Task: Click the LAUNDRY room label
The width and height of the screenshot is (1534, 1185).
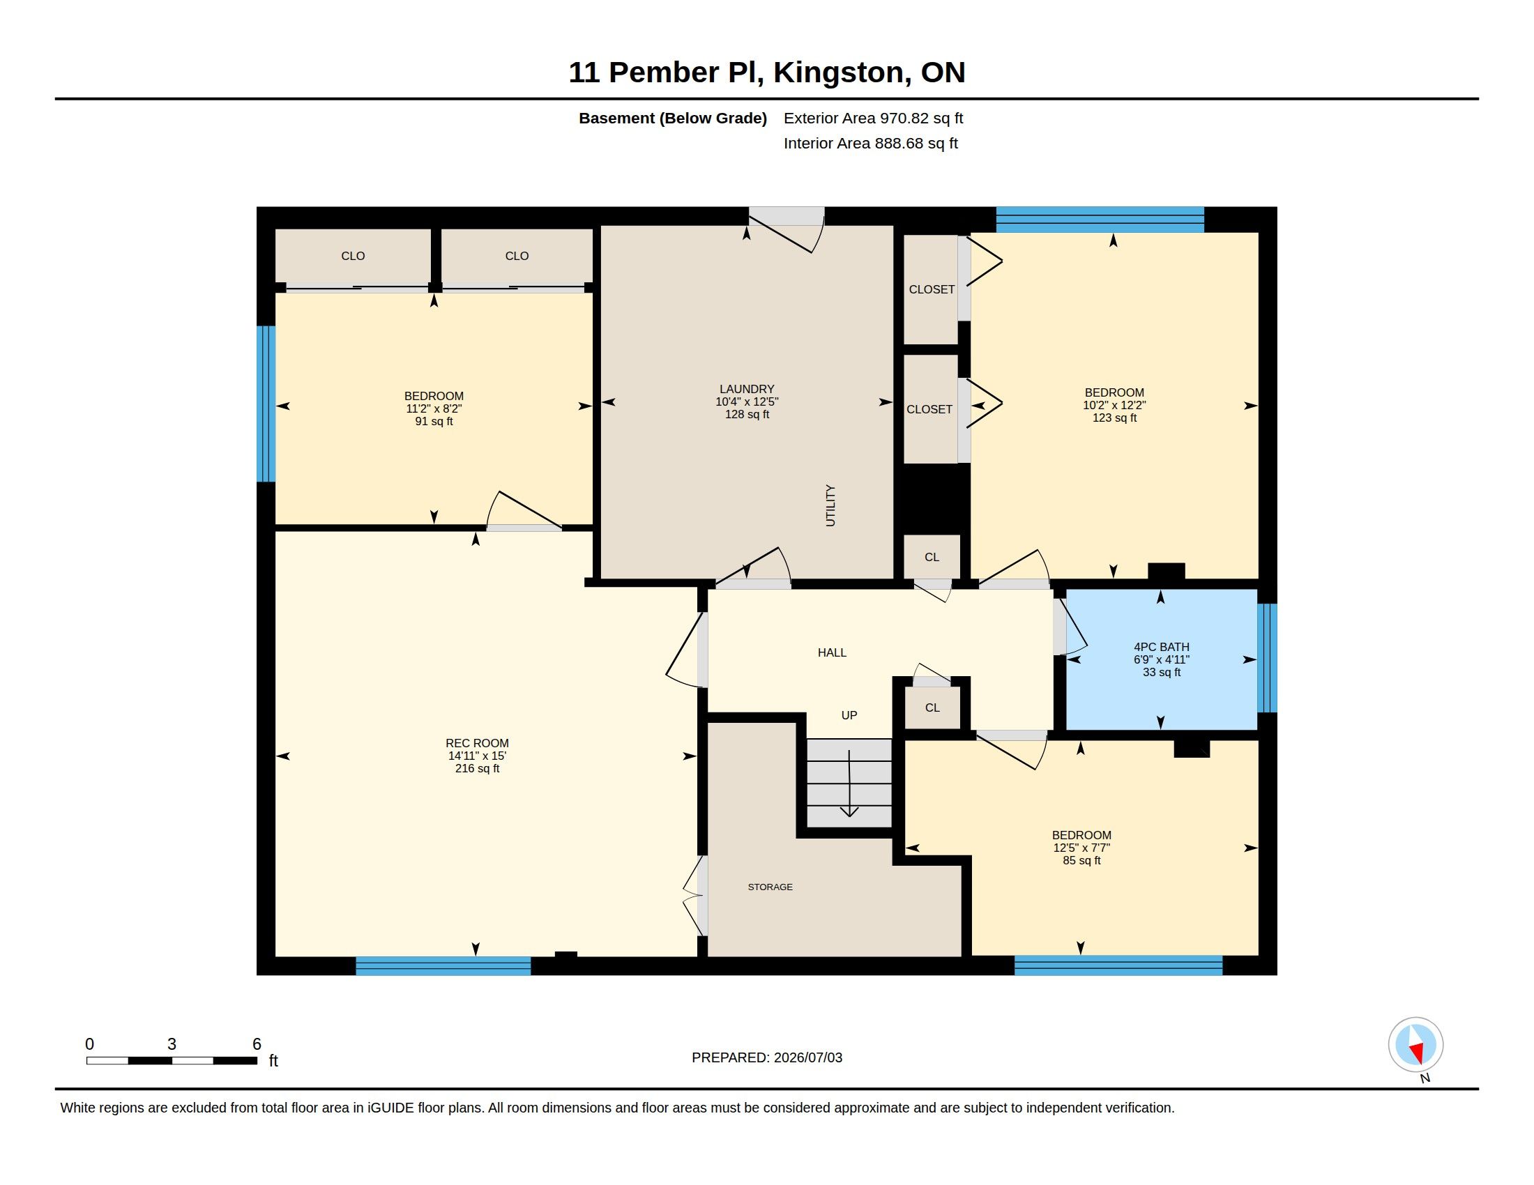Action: [747, 389]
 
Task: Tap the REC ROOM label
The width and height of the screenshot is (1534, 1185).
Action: [477, 743]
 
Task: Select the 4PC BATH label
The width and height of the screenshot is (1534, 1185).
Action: [1161, 647]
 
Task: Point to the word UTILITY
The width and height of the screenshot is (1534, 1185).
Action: [830, 505]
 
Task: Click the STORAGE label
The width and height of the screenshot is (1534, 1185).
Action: [770, 887]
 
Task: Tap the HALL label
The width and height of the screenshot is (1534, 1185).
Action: [832, 652]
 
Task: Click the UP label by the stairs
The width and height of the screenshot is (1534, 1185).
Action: [849, 714]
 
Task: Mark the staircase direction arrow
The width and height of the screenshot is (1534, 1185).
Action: [849, 783]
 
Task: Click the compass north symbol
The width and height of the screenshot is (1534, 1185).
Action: [1415, 1045]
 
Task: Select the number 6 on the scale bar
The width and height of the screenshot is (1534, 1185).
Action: [257, 1044]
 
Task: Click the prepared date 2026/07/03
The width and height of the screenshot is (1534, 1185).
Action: [807, 1057]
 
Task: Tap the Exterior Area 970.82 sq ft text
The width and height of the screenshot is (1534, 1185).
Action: [873, 118]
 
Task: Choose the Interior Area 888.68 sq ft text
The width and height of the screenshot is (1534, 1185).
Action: [870, 143]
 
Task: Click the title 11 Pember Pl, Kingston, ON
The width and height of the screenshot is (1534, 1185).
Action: [766, 72]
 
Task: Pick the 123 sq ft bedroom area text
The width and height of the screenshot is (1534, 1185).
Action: [1114, 418]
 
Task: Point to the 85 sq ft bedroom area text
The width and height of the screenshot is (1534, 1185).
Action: [1081, 860]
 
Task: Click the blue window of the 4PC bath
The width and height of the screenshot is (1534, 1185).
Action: [1267, 658]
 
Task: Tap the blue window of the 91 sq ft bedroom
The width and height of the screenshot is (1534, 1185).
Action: [266, 404]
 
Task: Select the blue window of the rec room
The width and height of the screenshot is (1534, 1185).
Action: [443, 966]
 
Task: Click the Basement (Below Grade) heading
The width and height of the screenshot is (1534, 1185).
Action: [672, 118]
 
